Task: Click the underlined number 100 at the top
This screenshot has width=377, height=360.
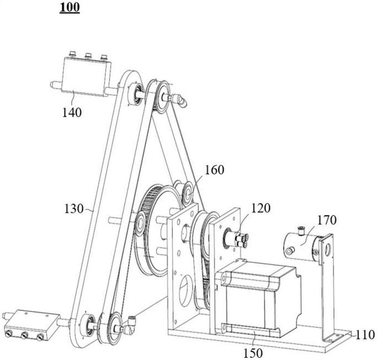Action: pyautogui.click(x=70, y=7)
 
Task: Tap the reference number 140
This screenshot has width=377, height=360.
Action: pyautogui.click(x=72, y=112)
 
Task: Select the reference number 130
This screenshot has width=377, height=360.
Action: pyautogui.click(x=74, y=209)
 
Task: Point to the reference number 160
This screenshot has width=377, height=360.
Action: pyautogui.click(x=214, y=170)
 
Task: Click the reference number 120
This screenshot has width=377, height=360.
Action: pyautogui.click(x=261, y=208)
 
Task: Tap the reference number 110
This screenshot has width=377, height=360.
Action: pyautogui.click(x=365, y=335)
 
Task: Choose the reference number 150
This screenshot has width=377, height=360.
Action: pyautogui.click(x=253, y=353)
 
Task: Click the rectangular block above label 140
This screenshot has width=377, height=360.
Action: pyautogui.click(x=86, y=76)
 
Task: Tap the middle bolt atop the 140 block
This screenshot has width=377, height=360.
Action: pyautogui.click(x=88, y=56)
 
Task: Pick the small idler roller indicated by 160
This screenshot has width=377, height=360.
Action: pyautogui.click(x=188, y=194)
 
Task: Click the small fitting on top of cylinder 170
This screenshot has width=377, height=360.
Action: pyautogui.click(x=300, y=230)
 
